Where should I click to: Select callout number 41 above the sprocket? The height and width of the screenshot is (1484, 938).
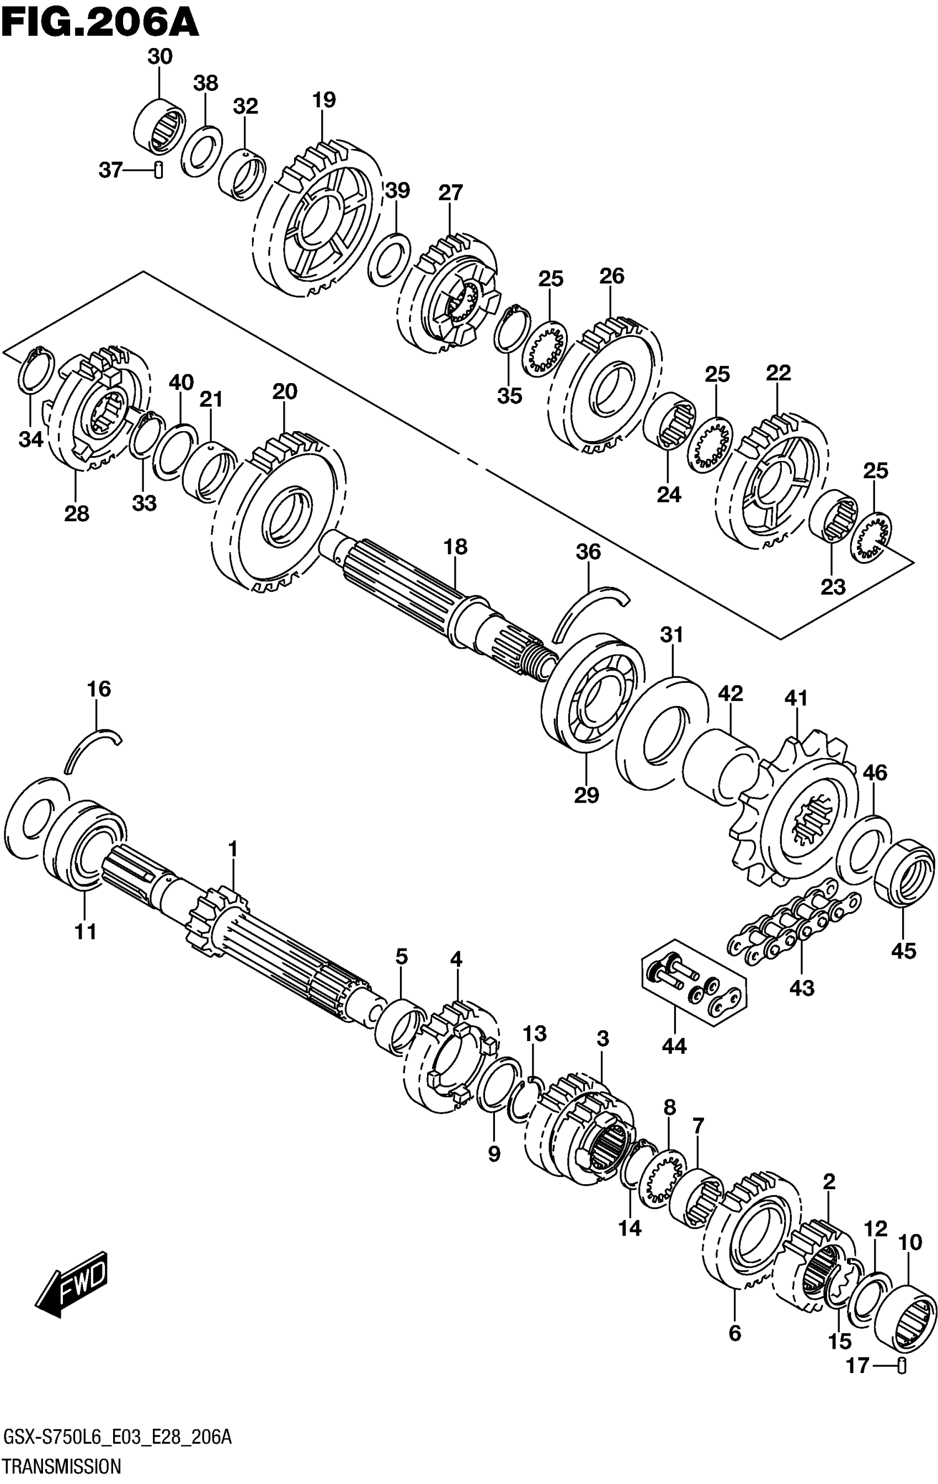796,698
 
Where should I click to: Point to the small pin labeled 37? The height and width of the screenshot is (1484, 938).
158,169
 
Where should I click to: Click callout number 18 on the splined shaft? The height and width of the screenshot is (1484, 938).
456,547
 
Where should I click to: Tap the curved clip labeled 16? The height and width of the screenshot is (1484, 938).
92,746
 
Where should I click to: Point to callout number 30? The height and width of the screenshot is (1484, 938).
159,57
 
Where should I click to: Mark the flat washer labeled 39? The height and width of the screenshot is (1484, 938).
389,260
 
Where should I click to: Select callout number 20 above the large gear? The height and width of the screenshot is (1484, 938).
284,391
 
